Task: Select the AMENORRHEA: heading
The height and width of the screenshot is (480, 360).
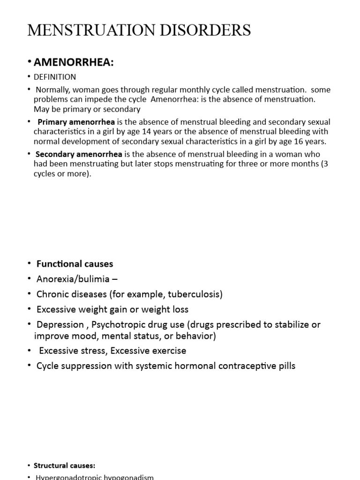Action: tap(74, 63)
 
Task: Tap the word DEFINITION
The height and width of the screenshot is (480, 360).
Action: tap(54, 77)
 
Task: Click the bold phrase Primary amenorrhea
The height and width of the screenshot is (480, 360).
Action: tap(76, 122)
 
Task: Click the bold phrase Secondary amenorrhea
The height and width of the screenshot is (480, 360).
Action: tap(79, 154)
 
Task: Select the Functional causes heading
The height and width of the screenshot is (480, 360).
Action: tap(75, 264)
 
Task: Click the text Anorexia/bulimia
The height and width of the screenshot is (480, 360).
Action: tap(73, 279)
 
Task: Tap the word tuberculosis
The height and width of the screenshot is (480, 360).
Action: tap(194, 294)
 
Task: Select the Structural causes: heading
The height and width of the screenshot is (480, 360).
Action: tap(64, 465)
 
